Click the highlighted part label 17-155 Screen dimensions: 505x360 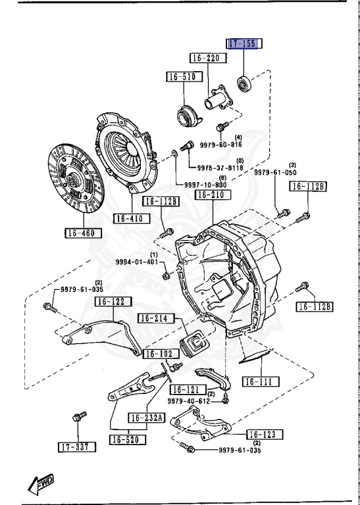click(x=245, y=44)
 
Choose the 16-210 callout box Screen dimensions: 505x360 click(x=213, y=196)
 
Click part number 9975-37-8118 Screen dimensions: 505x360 click(x=220, y=168)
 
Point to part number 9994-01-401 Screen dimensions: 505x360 click(x=137, y=262)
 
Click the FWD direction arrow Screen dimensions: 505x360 click(x=41, y=484)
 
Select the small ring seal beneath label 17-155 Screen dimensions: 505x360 click(x=244, y=83)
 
